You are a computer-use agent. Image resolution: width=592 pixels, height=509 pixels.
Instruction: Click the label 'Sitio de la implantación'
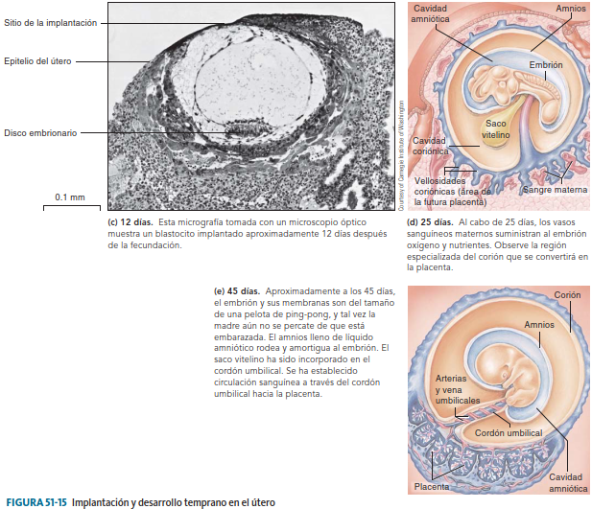[50, 22]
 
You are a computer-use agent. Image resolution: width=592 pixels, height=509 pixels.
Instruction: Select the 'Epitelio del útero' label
[38, 60]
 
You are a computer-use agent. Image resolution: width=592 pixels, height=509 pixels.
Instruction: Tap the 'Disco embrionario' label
[40, 132]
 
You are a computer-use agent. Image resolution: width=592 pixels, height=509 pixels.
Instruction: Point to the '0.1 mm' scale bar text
[70, 197]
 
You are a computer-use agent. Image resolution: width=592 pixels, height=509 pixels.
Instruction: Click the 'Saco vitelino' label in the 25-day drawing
[496, 128]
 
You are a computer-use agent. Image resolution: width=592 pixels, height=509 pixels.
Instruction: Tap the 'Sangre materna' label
[554, 189]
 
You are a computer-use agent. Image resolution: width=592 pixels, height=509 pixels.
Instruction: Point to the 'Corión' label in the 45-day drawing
[566, 295]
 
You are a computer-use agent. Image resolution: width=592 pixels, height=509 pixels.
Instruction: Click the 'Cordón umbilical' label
[509, 433]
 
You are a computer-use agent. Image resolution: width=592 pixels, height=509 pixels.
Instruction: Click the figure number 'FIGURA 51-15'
[36, 501]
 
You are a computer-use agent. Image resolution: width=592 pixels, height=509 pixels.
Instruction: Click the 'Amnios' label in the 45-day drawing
[538, 325]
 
